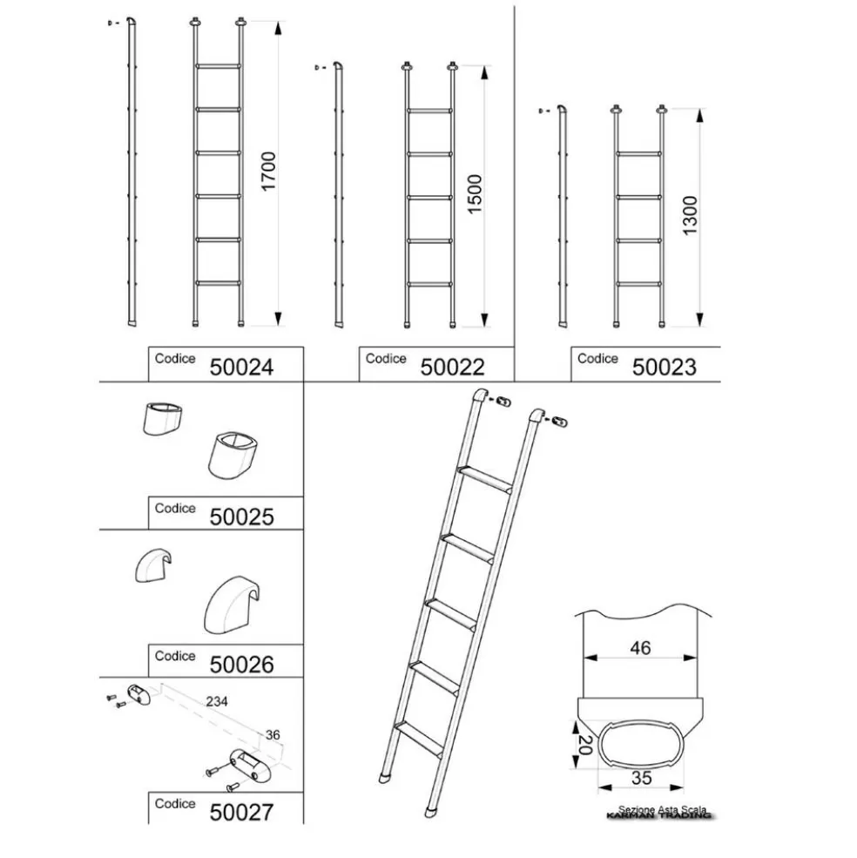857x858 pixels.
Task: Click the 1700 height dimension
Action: click(269, 172)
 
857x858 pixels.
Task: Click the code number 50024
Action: click(241, 368)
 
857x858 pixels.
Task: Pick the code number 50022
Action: click(452, 368)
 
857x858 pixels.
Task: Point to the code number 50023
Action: click(664, 368)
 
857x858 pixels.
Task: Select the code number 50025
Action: click(241, 517)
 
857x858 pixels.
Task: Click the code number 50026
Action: click(241, 665)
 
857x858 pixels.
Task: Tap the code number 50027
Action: click(241, 813)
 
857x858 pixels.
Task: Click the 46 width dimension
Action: click(639, 648)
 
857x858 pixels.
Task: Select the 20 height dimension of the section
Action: click(586, 746)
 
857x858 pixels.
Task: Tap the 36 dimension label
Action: click(273, 735)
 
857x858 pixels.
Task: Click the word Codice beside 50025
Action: click(175, 508)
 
